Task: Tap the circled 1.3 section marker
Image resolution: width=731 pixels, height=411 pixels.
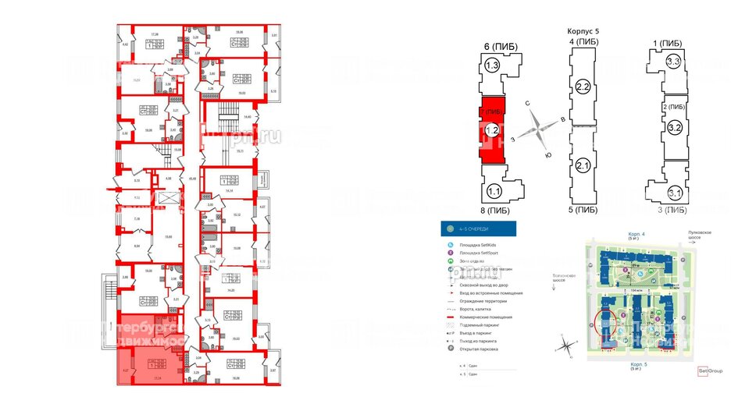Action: pos(492,67)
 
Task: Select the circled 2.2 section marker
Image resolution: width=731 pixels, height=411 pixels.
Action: pos(582,85)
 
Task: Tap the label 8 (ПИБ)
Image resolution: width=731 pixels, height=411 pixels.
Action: pos(496,210)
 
